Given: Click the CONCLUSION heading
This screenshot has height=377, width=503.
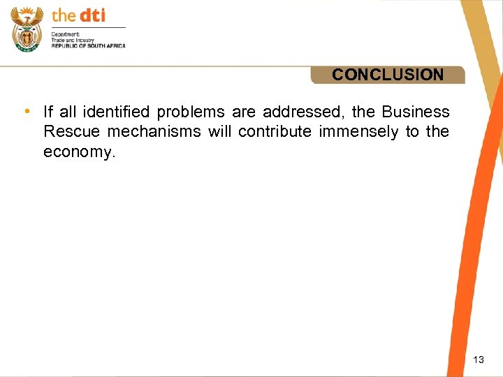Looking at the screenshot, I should coord(388,75).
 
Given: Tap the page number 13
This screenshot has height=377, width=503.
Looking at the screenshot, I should coord(479,360).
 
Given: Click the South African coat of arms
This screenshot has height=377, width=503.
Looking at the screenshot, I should coord(27,29).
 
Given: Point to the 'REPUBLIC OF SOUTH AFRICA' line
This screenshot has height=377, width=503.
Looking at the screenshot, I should coord(88,45).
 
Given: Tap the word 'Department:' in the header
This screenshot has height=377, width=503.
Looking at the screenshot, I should coord(66,34).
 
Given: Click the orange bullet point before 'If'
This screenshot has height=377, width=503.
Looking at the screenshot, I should coord(26,112).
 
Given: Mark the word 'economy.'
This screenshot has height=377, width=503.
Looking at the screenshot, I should coord(78,152).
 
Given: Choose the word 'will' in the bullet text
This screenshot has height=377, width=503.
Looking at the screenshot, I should coord(219,132).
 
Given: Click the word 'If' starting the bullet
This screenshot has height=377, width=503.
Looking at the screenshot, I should coord(48,112).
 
